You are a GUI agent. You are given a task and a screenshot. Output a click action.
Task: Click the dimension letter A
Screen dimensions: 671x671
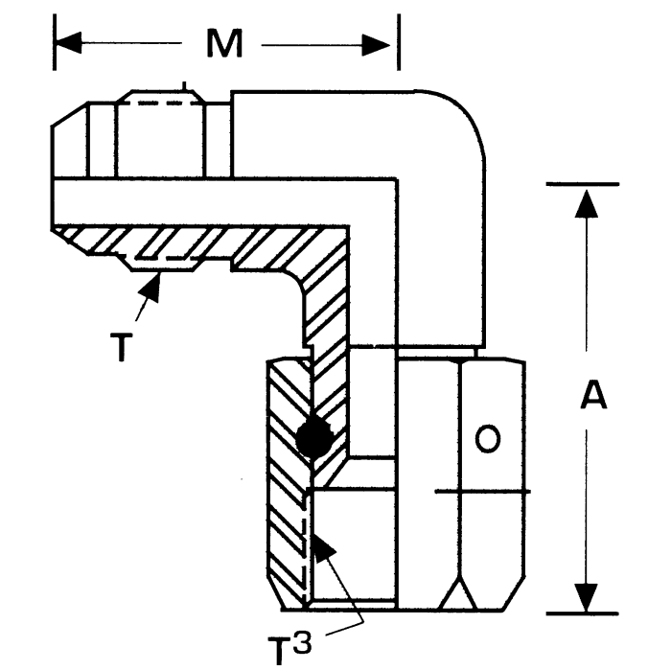click(x=593, y=396)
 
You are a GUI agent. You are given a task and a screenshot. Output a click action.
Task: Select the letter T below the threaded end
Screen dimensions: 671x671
click(x=121, y=347)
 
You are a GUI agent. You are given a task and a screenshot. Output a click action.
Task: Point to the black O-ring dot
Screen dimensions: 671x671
click(x=315, y=438)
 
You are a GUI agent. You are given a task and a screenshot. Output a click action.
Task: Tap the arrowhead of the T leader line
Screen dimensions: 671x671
click(x=153, y=284)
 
